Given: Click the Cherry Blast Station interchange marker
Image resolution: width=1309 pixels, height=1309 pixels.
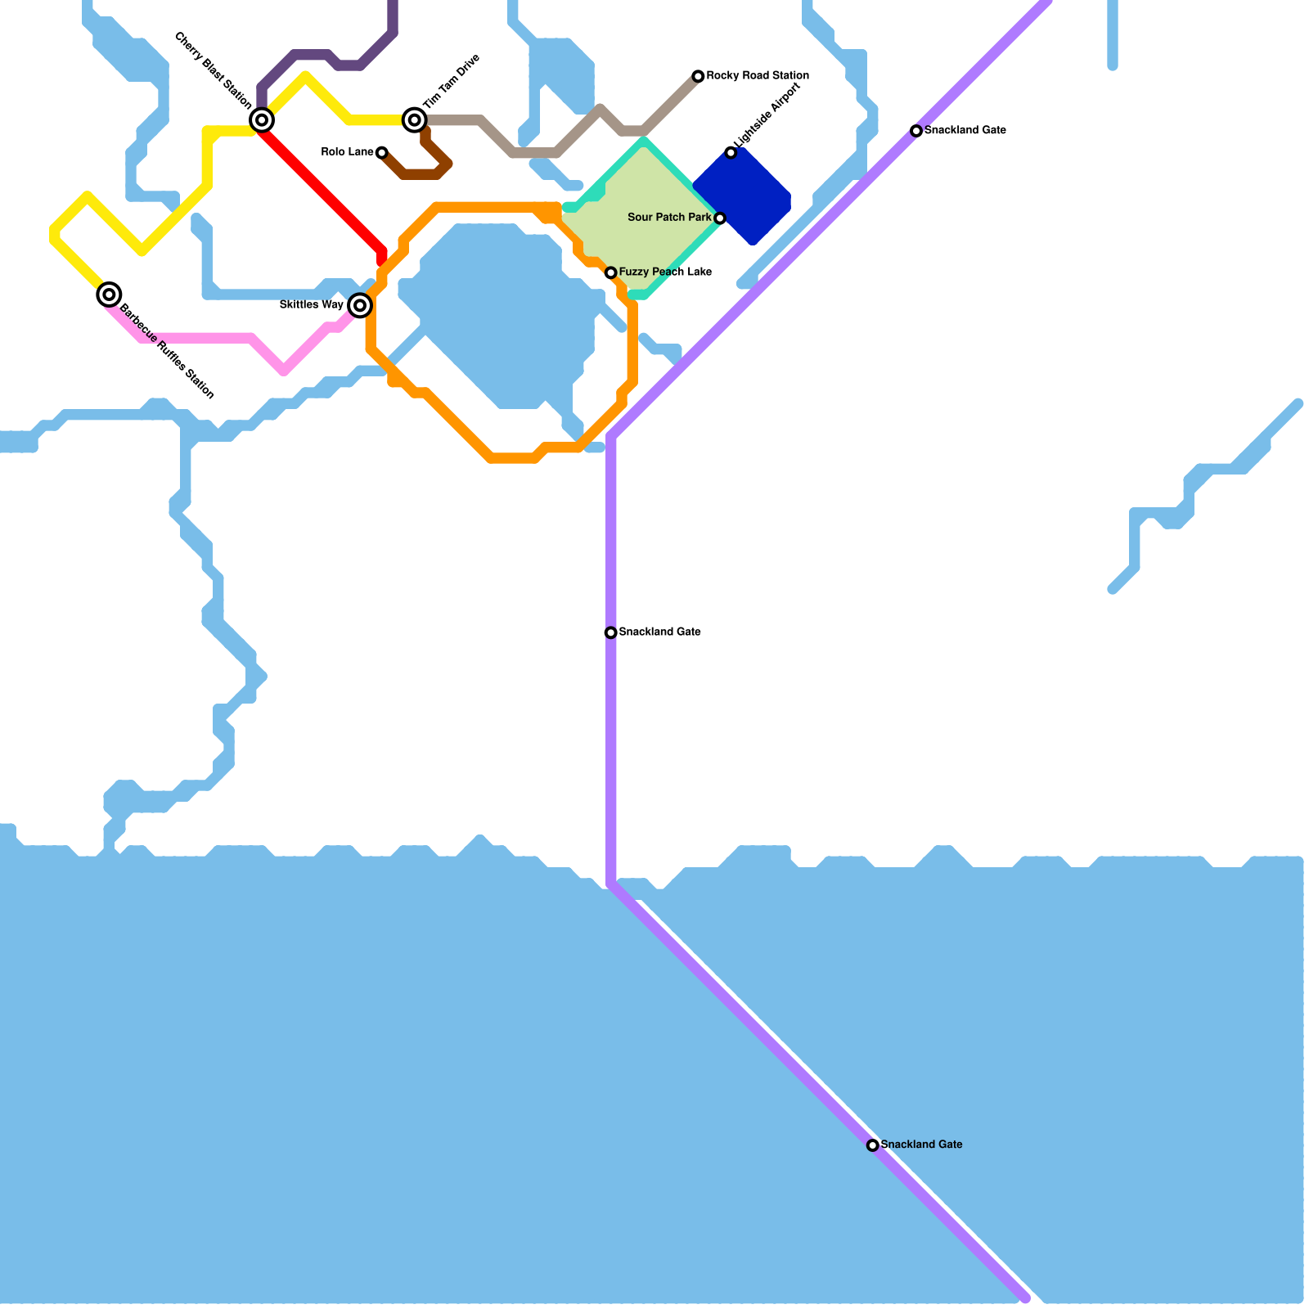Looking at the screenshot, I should coord(262,120).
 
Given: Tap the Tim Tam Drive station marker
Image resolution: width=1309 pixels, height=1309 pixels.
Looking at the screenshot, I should coord(415,120).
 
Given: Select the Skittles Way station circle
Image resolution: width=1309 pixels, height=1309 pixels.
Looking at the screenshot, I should coord(360,305).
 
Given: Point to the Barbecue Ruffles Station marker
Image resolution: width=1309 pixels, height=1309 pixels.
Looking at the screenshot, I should coord(109,295).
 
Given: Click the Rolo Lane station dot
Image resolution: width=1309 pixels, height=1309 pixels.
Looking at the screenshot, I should coord(381,152).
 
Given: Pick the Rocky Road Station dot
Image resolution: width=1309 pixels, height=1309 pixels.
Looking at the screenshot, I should coord(698,76).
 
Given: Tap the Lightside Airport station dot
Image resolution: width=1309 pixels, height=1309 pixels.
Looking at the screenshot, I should coord(731,152).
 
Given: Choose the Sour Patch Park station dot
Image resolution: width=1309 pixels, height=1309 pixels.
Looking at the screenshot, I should coord(719,218).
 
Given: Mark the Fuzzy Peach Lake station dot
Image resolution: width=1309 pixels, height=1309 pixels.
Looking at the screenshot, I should coord(610,272).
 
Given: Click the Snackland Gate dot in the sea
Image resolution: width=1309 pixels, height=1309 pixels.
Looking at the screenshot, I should coord(873,1145).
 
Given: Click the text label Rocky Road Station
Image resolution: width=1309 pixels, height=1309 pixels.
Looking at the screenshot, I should coord(758,76).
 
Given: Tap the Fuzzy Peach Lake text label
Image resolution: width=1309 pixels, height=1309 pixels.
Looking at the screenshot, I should coord(665,272).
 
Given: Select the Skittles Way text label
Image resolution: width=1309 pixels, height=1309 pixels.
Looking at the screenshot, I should coord(311,305).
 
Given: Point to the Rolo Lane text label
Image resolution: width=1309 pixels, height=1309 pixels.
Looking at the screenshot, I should coord(347,152).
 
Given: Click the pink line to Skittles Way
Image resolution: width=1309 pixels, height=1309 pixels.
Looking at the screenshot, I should coord(205,338).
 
